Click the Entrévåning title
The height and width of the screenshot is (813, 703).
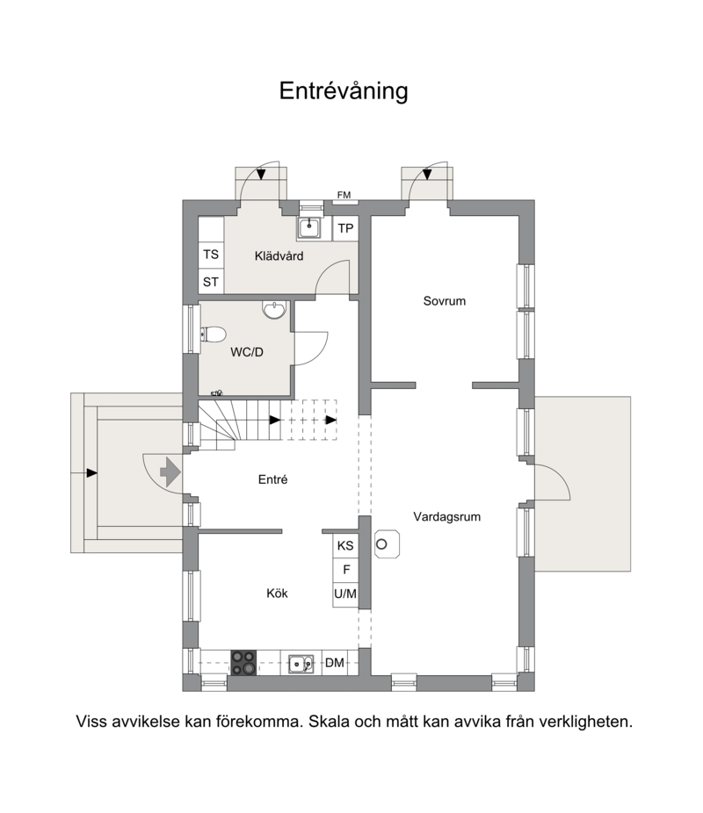tap(344, 90)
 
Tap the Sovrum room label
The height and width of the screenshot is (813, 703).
tap(444, 301)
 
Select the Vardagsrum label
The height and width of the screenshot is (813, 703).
tap(446, 516)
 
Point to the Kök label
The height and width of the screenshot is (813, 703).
tap(277, 594)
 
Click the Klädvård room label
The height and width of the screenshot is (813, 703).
tap(279, 255)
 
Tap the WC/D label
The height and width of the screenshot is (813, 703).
tap(246, 352)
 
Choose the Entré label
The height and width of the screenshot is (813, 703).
tap(273, 479)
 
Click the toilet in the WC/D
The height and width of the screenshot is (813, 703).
tap(213, 335)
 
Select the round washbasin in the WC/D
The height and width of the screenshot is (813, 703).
tap(274, 310)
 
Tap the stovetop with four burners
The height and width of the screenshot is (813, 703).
tap(243, 663)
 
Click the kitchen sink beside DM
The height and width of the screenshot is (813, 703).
tap(301, 663)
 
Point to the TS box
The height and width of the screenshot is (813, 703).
tap(211, 255)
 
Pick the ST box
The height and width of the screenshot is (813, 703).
tap(211, 282)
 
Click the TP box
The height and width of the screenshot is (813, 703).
tap(345, 228)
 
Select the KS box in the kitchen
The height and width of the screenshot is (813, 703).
tap(345, 545)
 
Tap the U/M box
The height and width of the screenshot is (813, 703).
tap(345, 594)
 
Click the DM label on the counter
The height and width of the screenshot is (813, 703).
tap(335, 663)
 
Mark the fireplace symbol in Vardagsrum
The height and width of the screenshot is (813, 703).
tap(387, 544)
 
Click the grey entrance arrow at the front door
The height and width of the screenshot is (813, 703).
tap(170, 472)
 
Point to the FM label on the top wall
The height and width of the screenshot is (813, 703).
tap(344, 195)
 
